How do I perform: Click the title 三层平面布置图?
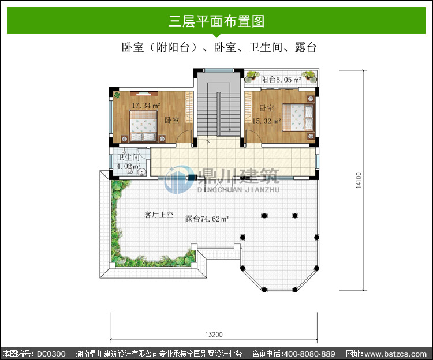click(216, 21)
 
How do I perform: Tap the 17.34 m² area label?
click(146, 106)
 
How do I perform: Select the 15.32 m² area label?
click(267, 121)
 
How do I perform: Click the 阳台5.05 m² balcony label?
click(281, 80)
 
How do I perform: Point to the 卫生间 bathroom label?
click(128, 157)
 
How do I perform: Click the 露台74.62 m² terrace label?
click(207, 219)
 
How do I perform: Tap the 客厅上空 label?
click(159, 215)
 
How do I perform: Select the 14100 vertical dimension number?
click(359, 180)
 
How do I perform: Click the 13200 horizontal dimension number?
click(214, 335)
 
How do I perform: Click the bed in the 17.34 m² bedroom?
click(144, 126)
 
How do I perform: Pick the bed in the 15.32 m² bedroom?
click(298, 117)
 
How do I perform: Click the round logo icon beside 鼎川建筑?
click(178, 179)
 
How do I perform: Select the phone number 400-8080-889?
click(309, 354)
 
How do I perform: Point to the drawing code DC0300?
click(51, 354)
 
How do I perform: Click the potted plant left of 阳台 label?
click(252, 76)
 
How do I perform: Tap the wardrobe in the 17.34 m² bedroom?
click(189, 107)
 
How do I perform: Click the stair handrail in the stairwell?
click(218, 114)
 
